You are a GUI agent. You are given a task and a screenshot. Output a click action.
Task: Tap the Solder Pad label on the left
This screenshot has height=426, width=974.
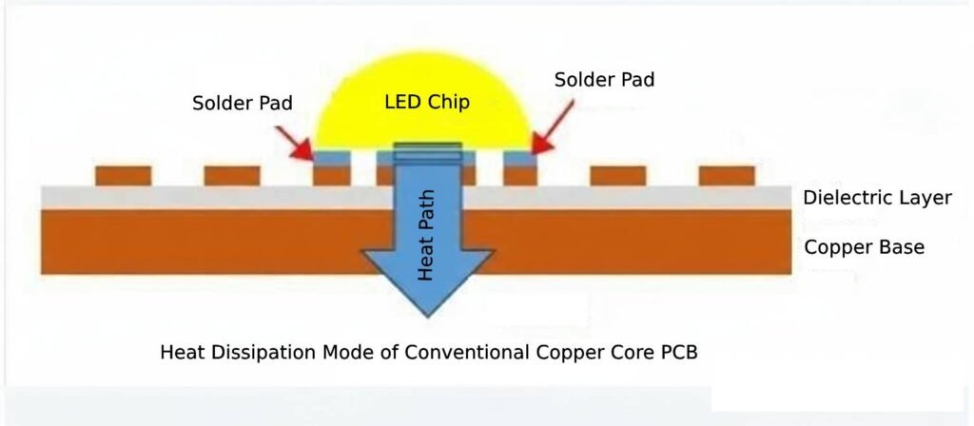coord(242,103)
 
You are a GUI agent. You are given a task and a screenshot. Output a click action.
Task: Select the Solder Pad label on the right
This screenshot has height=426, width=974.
coord(604,80)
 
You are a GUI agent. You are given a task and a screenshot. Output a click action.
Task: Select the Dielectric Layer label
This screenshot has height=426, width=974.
coord(877,198)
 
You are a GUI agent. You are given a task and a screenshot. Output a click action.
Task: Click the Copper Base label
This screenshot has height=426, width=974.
coord(864,247)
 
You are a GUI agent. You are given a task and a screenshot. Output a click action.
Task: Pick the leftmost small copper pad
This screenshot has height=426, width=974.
coord(123,176)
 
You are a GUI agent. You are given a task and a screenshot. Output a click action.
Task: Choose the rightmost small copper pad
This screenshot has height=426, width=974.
coord(727,176)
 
